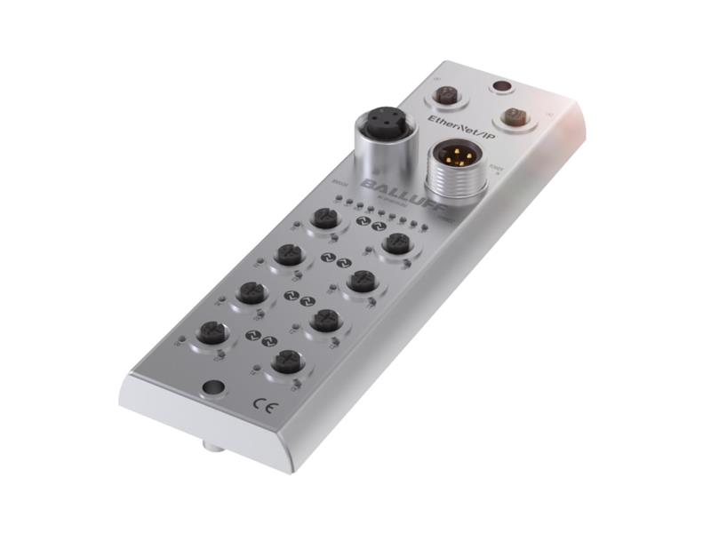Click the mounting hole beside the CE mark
click(x=212, y=388)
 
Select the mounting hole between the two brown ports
click(x=501, y=87)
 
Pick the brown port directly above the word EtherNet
click(x=447, y=91)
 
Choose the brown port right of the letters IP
click(x=511, y=115)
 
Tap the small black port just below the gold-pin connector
click(x=395, y=242)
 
